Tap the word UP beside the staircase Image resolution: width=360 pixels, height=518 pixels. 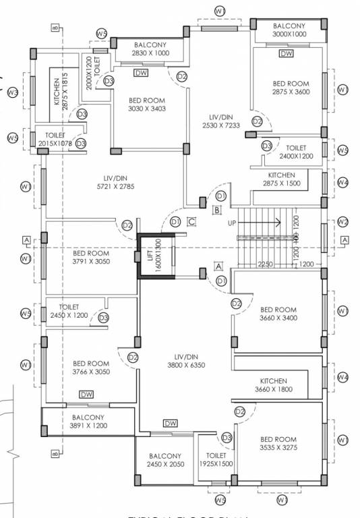(x=232, y=223)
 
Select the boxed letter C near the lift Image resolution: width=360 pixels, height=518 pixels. (x=191, y=221)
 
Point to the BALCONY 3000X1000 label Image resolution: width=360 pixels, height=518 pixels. (x=289, y=30)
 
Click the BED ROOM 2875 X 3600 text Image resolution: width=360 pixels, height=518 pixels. (x=291, y=88)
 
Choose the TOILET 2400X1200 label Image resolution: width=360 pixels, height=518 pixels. (x=296, y=152)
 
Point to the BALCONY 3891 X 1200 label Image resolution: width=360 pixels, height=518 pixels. (x=88, y=422)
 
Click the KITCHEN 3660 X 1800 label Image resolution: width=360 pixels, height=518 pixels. (x=271, y=385)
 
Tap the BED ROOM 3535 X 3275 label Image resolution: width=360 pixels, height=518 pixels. (x=278, y=442)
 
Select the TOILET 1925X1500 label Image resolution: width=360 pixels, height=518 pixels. (x=216, y=460)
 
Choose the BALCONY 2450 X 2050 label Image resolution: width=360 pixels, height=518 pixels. (x=165, y=460)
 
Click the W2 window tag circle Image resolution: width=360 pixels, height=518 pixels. (x=343, y=222)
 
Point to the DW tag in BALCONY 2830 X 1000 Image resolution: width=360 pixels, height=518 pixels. (x=141, y=73)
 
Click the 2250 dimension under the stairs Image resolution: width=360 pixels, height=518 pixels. (x=264, y=264)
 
